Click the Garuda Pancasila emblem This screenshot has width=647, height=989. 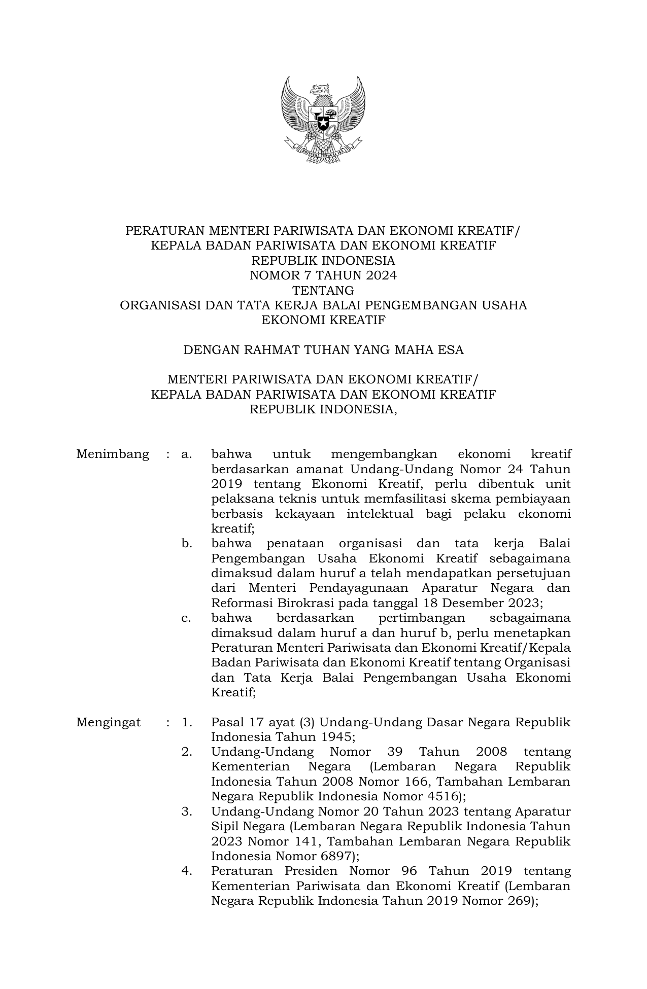coord(323,120)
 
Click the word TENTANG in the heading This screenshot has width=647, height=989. coord(323,291)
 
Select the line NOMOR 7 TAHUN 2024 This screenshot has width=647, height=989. coord(323,275)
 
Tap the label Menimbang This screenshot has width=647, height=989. coord(113,454)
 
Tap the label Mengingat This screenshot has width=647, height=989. coord(108,722)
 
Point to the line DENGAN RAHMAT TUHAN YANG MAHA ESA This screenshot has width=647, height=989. coord(323,350)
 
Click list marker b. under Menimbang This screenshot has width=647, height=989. coord(187,544)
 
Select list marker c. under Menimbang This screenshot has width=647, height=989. coord(187,618)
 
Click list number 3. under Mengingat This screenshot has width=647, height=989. coord(187,811)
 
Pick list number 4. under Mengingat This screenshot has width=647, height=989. coord(187,871)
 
